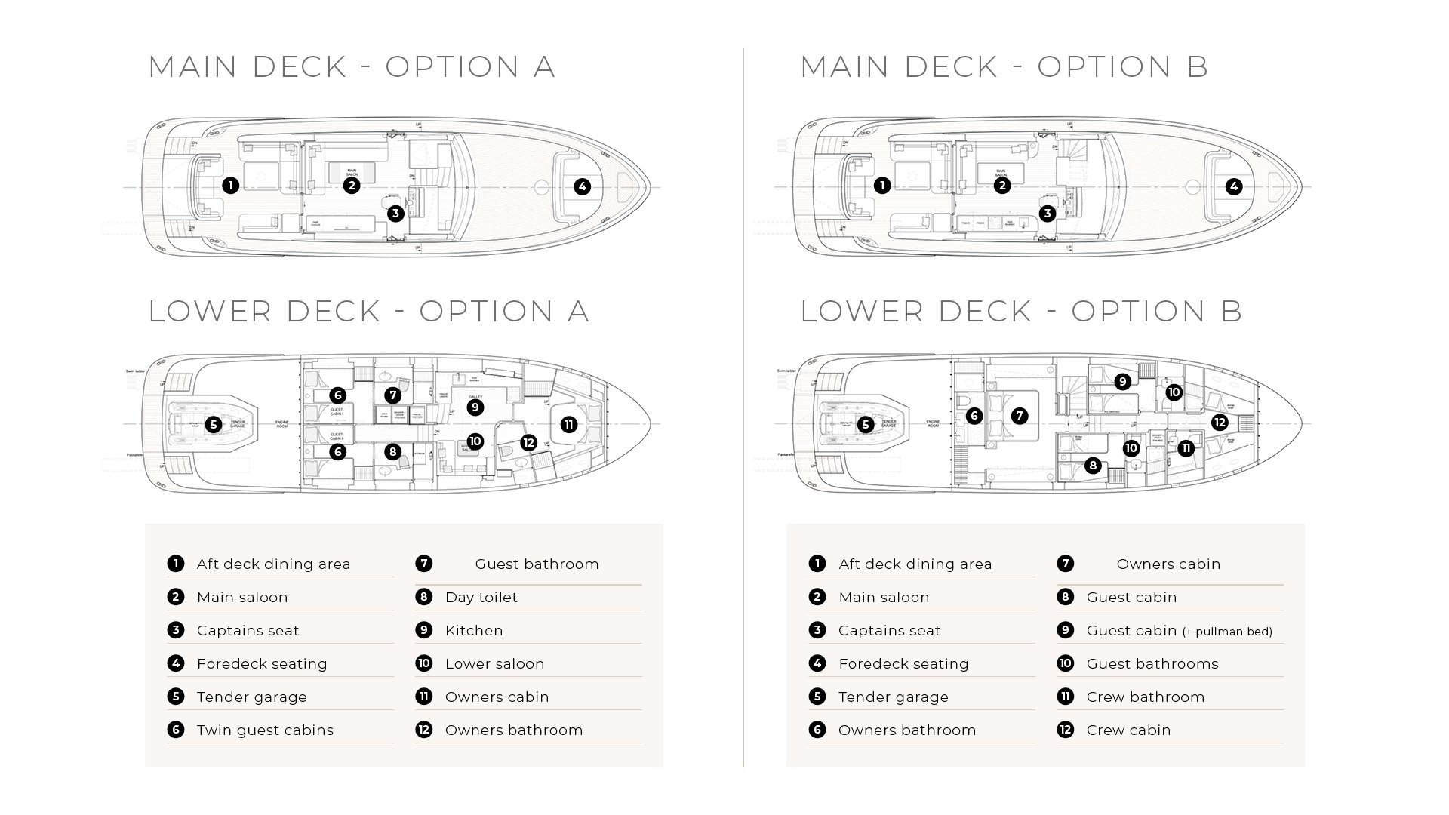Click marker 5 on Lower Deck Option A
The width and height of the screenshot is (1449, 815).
(214, 425)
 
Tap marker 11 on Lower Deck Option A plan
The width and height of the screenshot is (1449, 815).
(569, 425)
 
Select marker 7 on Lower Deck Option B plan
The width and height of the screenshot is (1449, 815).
(1020, 415)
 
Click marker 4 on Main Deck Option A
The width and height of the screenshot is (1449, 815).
(582, 186)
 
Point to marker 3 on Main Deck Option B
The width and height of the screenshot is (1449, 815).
(1047, 214)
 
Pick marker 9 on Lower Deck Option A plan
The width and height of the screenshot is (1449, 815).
(475, 407)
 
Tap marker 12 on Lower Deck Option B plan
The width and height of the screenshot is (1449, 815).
(1220, 422)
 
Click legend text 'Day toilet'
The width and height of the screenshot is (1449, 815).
(481, 597)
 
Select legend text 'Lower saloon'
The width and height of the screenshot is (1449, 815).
(494, 663)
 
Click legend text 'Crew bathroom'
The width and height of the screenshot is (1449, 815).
(1145, 697)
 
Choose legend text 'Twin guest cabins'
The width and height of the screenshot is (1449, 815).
(265, 730)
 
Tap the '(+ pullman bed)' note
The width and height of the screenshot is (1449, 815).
(1227, 632)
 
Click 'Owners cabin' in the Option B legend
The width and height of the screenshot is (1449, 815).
(1168, 564)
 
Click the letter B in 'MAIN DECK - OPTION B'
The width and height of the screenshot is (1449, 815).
(1198, 66)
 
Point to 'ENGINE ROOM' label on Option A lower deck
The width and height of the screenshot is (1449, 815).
(282, 424)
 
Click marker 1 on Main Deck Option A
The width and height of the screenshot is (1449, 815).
(231, 185)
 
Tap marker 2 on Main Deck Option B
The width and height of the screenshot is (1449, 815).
(1001, 185)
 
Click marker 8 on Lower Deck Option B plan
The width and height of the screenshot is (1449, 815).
(1093, 466)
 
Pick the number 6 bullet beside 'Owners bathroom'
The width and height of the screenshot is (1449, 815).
(817, 730)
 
